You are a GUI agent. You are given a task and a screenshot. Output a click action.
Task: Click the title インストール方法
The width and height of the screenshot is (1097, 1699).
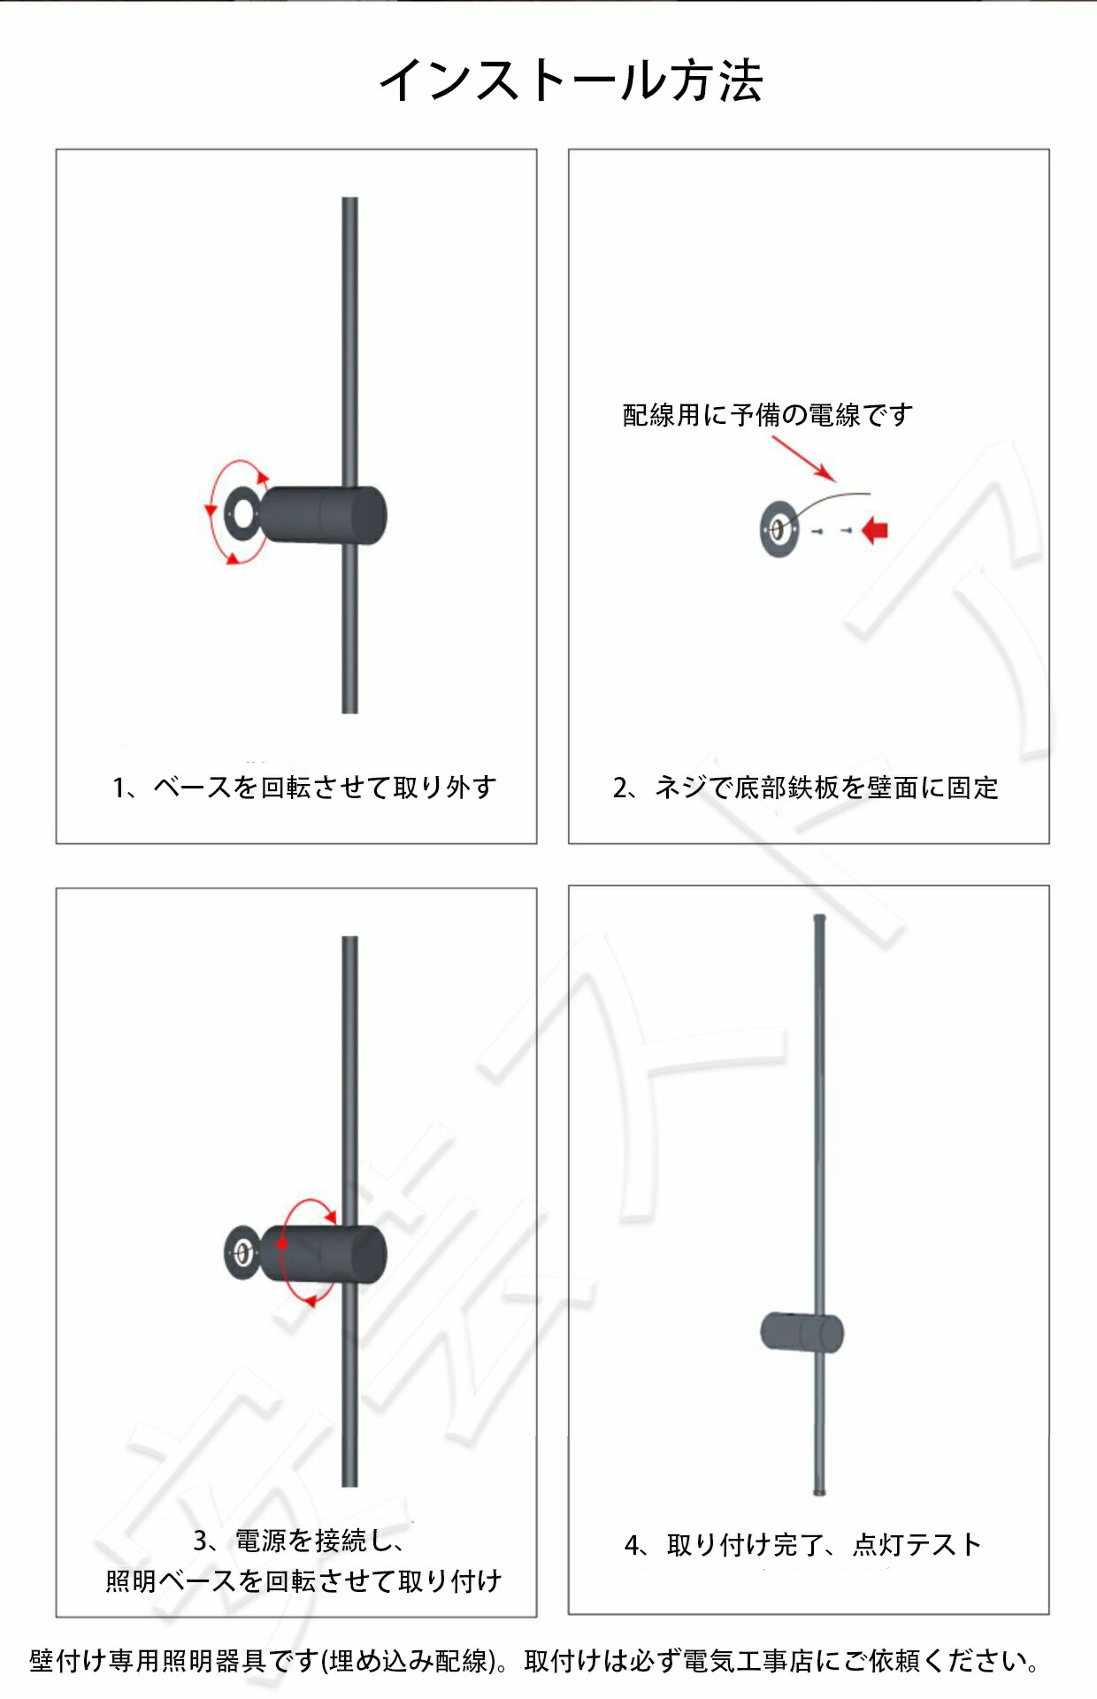click(571, 81)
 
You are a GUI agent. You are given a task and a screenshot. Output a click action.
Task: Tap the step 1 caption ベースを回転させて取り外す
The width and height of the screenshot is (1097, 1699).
click(325, 787)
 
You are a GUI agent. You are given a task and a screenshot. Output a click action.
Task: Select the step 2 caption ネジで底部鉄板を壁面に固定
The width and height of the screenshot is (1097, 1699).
click(826, 787)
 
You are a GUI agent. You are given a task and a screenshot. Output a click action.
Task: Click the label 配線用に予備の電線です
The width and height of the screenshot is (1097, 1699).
click(767, 414)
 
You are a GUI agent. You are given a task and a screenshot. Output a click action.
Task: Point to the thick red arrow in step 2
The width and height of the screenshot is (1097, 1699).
click(874, 530)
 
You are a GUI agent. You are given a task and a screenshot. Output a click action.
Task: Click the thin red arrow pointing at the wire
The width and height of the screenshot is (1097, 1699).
click(803, 458)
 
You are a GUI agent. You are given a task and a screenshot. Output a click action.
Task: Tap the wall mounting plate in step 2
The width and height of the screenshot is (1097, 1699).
click(779, 529)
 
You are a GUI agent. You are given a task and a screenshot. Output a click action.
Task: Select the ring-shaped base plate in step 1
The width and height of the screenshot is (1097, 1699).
click(241, 511)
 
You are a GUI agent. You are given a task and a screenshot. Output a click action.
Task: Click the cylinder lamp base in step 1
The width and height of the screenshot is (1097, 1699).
click(324, 514)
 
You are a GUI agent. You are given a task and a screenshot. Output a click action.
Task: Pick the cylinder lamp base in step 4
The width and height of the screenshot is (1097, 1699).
click(802, 1333)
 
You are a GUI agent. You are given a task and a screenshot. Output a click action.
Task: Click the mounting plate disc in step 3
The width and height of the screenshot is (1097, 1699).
click(242, 1252)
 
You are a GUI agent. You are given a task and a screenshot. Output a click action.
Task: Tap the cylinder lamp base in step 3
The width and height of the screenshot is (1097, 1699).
click(324, 1253)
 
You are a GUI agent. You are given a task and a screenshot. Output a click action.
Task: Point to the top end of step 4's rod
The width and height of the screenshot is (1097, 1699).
click(819, 919)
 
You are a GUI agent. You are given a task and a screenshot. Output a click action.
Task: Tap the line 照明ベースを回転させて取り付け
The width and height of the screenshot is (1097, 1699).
click(303, 1580)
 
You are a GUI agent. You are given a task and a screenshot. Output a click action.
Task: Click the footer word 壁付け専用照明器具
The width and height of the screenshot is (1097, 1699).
click(149, 1661)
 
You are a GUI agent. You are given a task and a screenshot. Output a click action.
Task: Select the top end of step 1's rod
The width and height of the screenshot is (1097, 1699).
click(349, 199)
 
